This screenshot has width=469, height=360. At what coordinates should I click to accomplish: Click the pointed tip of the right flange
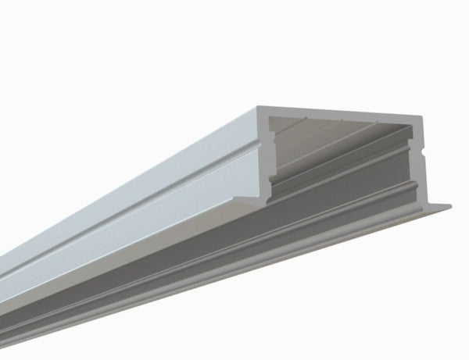pyautogui.click(x=450, y=206)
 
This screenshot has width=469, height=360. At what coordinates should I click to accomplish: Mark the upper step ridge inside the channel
pyautogui.click(x=344, y=148)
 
